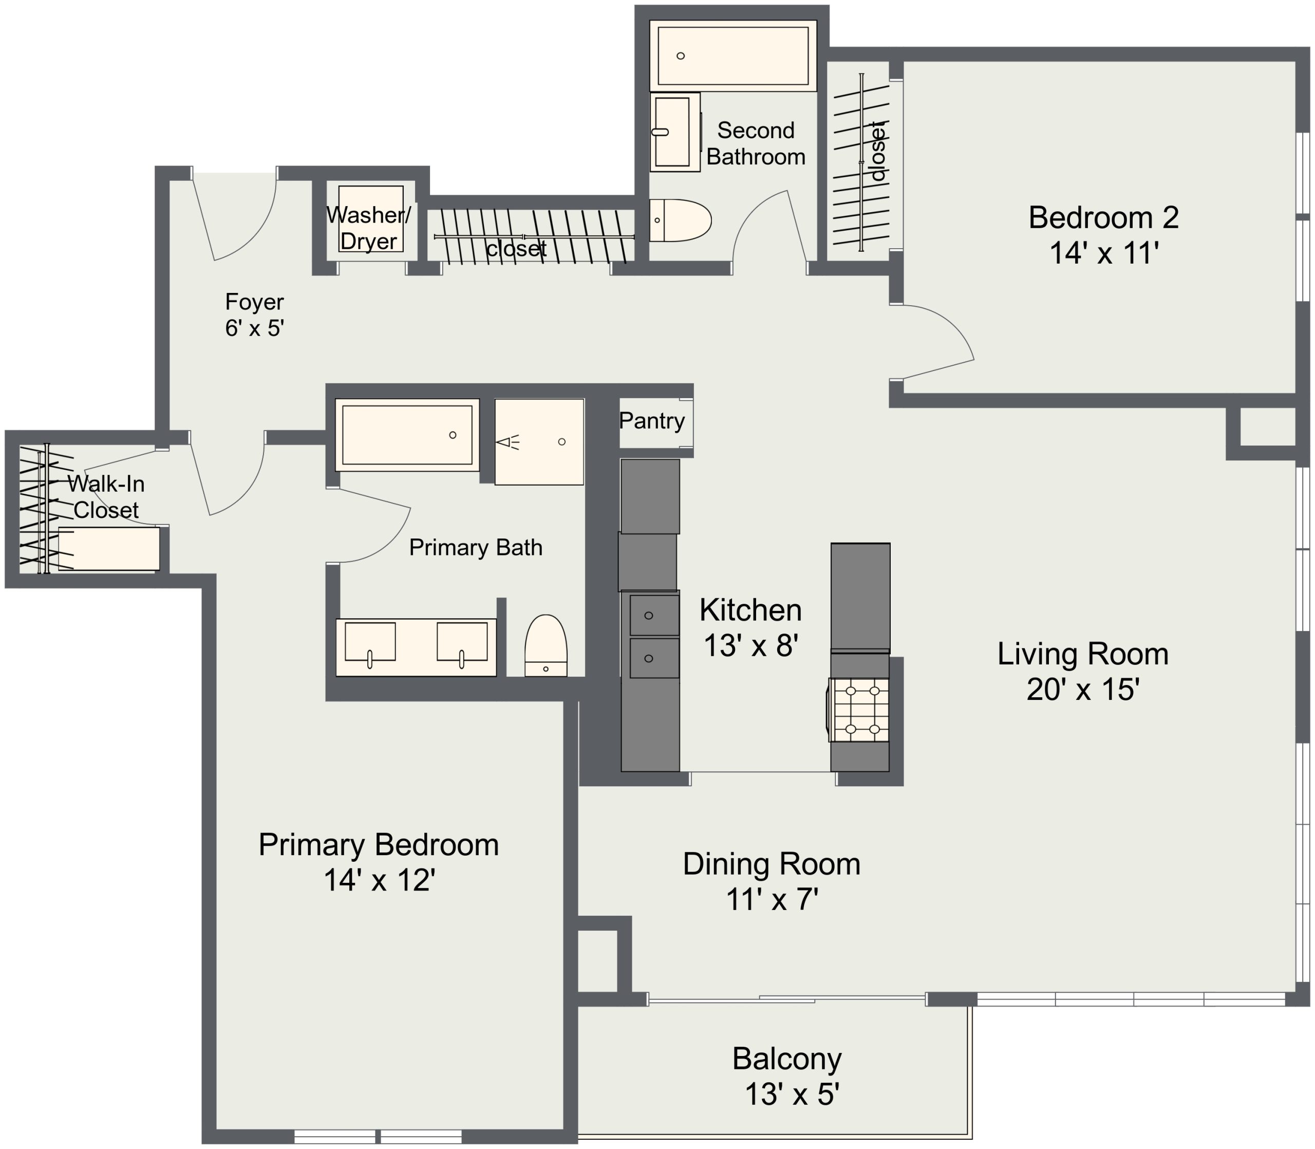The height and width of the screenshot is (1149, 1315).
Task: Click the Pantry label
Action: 652,421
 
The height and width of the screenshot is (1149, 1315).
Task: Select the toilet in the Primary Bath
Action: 546,645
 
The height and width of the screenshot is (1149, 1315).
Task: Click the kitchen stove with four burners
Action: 859,710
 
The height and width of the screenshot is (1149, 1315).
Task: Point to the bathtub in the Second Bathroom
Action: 733,56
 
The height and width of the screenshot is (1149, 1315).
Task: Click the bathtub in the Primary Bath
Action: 407,435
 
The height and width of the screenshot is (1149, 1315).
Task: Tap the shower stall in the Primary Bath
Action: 539,442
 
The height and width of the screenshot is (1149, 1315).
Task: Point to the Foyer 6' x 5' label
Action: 254,315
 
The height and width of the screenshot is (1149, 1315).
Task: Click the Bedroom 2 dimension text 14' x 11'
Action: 1104,253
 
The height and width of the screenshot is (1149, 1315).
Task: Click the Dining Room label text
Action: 772,864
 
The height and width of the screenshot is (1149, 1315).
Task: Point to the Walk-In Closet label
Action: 106,496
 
